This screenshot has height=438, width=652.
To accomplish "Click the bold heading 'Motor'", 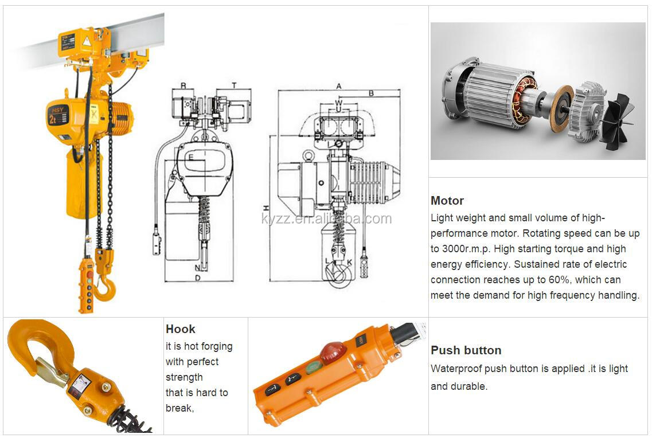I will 447,201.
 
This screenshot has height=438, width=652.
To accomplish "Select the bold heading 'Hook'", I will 180,329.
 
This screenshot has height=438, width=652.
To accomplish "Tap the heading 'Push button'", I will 466,350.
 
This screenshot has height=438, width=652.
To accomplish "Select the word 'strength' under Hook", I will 184,377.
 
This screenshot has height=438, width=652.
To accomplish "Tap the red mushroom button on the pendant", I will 333,353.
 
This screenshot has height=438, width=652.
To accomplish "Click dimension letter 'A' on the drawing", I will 339,86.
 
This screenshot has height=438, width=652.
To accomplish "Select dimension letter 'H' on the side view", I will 266,208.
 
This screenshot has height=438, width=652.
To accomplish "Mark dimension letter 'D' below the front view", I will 197,279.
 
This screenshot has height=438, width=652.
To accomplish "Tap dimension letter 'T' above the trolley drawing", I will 234,85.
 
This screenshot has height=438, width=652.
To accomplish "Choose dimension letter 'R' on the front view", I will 184,85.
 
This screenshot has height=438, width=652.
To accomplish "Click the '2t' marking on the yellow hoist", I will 53,119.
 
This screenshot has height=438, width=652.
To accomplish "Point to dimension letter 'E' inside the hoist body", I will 191,156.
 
